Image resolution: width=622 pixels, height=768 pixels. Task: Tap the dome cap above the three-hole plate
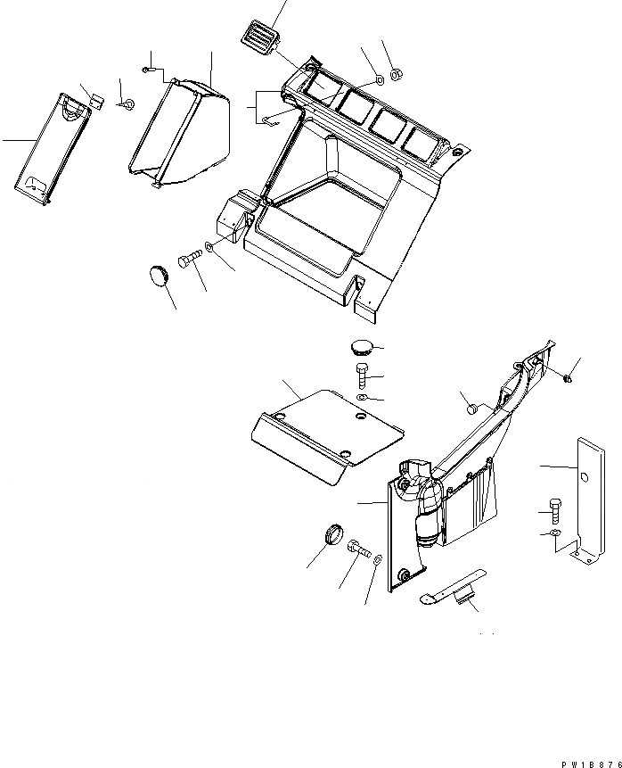pyautogui.click(x=361, y=347)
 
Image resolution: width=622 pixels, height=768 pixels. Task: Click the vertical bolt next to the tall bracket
pyautogui.click(x=555, y=510)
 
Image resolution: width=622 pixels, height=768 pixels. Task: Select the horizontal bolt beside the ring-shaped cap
pyautogui.click(x=357, y=549)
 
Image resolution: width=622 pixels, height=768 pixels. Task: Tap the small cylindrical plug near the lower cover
pyautogui.click(x=474, y=409)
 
